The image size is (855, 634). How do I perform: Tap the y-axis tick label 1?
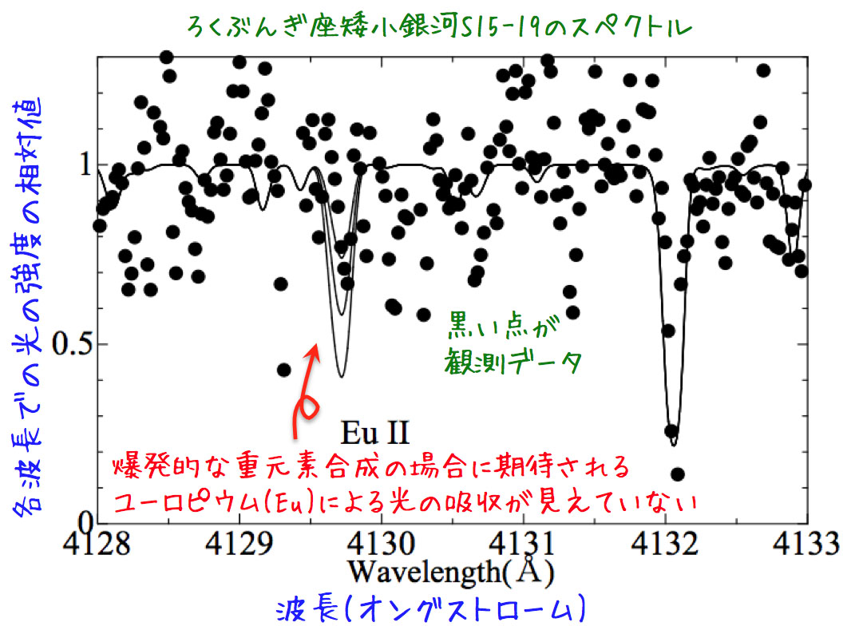[x=83, y=166]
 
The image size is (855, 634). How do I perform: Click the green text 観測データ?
[x=511, y=363]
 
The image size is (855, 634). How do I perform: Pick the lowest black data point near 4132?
[x=678, y=474]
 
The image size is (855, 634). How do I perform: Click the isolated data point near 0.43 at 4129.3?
[x=283, y=370]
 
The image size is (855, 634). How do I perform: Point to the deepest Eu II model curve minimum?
[x=342, y=376]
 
